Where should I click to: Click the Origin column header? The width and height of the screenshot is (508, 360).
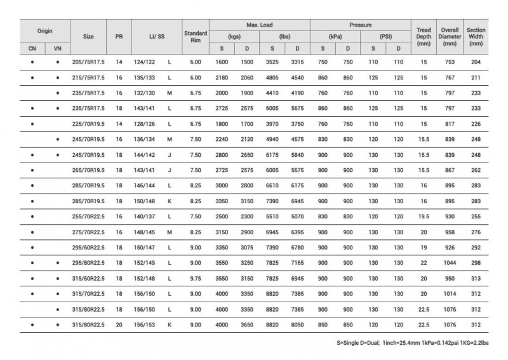point(44,30)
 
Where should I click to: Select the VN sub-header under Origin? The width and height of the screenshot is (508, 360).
point(57,48)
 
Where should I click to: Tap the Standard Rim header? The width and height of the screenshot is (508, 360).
point(195,36)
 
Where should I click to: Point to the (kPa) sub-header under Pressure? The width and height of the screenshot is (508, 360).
point(335,36)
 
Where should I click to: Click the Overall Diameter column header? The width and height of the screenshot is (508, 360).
point(450,36)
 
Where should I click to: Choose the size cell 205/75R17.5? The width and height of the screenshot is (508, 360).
point(88,62)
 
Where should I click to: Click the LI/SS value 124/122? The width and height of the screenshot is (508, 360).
point(143,62)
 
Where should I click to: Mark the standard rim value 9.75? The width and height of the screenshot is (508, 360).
point(195,277)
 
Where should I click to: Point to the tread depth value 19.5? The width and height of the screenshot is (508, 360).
point(424,216)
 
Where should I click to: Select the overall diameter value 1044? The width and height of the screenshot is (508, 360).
point(450,262)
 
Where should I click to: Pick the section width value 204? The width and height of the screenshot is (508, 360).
point(476,62)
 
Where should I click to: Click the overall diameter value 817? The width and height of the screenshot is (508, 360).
point(450,124)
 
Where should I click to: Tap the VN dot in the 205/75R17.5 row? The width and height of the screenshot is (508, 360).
point(57,62)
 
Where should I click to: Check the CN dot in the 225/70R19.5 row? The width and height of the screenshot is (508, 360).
point(32,124)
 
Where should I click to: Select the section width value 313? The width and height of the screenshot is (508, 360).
point(476,277)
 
